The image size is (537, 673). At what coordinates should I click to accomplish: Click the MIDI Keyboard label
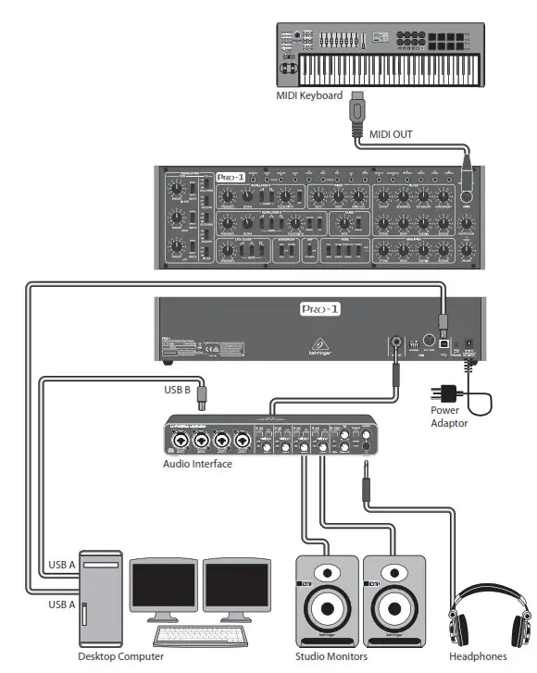point(309,95)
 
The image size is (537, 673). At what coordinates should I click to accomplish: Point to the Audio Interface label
point(197,464)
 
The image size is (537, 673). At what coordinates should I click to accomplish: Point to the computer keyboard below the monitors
point(198,635)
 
